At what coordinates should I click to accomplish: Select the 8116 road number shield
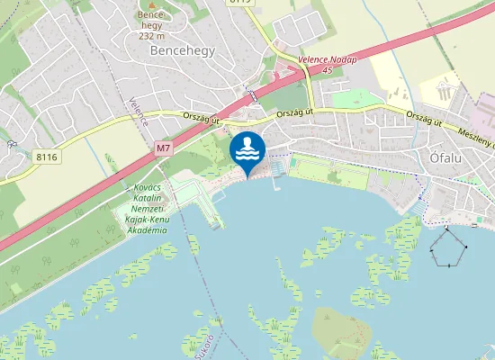click(47, 157)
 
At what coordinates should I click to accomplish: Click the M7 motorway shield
click(163, 147)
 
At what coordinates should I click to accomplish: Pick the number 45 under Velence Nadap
click(328, 69)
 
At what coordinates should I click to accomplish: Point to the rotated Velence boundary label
click(138, 112)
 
